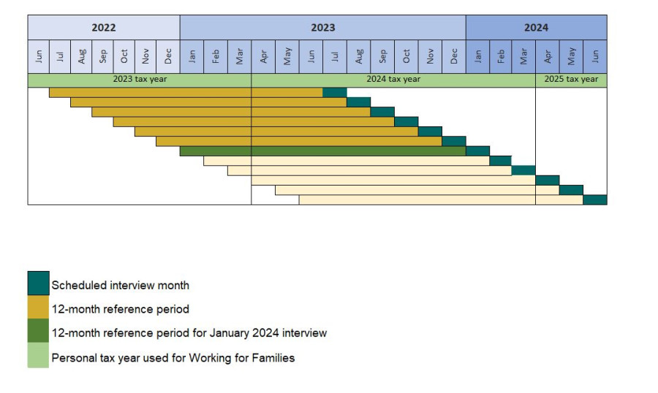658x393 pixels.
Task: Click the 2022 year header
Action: pos(103,28)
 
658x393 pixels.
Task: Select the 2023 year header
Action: pos(322,28)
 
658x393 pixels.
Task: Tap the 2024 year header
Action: pos(536,28)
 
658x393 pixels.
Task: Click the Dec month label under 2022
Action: pos(168,56)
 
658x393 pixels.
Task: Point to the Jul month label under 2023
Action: pos(335,56)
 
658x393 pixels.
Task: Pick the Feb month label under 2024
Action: pos(501,56)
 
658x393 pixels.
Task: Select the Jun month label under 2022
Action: pos(39,56)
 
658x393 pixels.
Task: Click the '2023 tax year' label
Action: pos(140,80)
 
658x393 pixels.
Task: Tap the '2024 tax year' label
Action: pos(393,80)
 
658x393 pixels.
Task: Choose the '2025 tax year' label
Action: pos(571,80)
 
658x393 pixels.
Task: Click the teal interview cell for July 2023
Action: pos(334,92)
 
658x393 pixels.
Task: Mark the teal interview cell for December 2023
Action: pos(453,141)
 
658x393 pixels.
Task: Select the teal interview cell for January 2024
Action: pos(477,150)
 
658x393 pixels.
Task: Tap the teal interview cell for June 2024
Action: pos(594,199)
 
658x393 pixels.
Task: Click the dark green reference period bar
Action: pos(322,150)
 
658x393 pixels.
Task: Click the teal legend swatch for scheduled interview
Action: pos(38,283)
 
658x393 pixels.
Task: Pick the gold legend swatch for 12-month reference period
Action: pos(38,308)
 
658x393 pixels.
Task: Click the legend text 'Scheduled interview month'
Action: pos(120,285)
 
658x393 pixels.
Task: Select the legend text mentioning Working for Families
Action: pos(173,358)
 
